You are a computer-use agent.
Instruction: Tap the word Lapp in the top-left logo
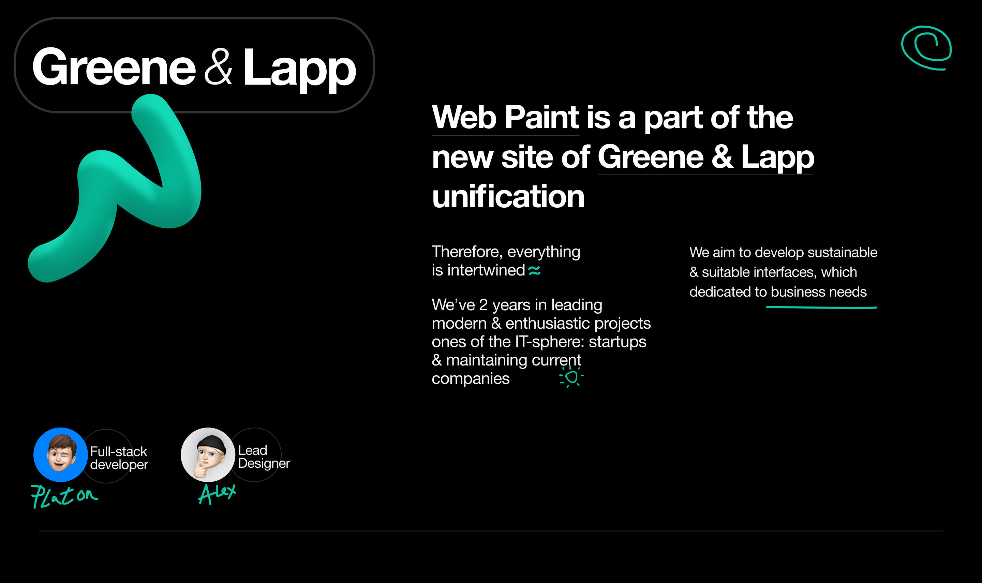[x=299, y=68]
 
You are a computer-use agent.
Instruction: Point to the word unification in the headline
[x=508, y=196]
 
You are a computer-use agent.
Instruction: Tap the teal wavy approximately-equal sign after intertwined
[x=534, y=271]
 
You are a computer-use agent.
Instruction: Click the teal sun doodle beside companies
[x=571, y=377]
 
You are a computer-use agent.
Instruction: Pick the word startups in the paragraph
[x=618, y=342]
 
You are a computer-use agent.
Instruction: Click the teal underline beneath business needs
[x=821, y=308]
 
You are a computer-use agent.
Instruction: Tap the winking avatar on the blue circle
[x=60, y=454]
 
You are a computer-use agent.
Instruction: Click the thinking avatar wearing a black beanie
[x=208, y=454]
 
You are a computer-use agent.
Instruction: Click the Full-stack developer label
[x=119, y=458]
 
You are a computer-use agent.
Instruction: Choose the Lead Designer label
[x=264, y=457]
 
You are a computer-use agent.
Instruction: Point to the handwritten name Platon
[x=64, y=496]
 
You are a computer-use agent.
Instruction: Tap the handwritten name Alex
[x=217, y=493]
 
